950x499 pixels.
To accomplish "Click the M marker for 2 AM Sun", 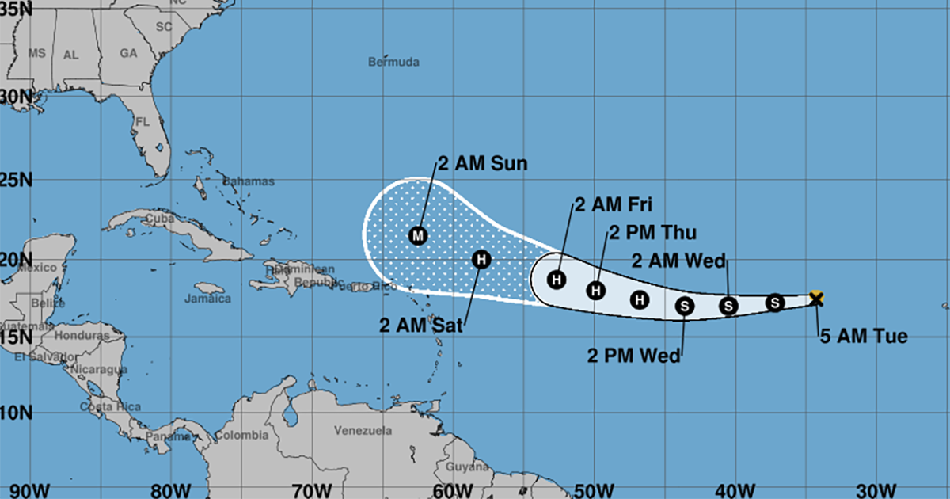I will click(417, 235).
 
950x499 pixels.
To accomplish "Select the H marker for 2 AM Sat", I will click(481, 258).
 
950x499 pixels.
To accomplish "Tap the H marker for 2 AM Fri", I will click(557, 279).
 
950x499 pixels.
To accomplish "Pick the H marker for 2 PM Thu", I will click(596, 291).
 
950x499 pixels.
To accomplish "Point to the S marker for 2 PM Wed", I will click(685, 304).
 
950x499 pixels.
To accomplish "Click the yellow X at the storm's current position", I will click(817, 298).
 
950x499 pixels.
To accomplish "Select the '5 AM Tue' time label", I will click(863, 337).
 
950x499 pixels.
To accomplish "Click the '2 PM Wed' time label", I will click(634, 356).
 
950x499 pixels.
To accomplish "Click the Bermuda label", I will click(393, 62).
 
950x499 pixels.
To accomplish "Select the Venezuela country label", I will click(363, 431).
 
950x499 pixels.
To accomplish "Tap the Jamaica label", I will click(207, 299).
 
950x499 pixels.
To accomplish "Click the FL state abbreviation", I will click(142, 122).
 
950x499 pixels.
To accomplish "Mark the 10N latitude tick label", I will click(16, 413).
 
